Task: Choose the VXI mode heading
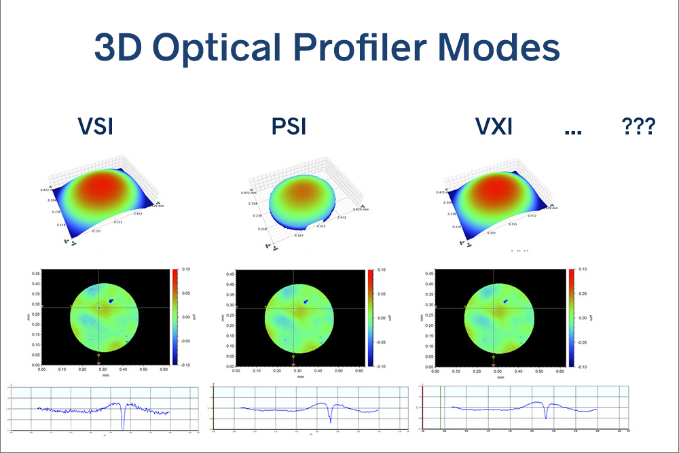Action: coord(493,127)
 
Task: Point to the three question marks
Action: coord(638,127)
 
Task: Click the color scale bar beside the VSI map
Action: coord(176,317)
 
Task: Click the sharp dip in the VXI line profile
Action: coord(547,417)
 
